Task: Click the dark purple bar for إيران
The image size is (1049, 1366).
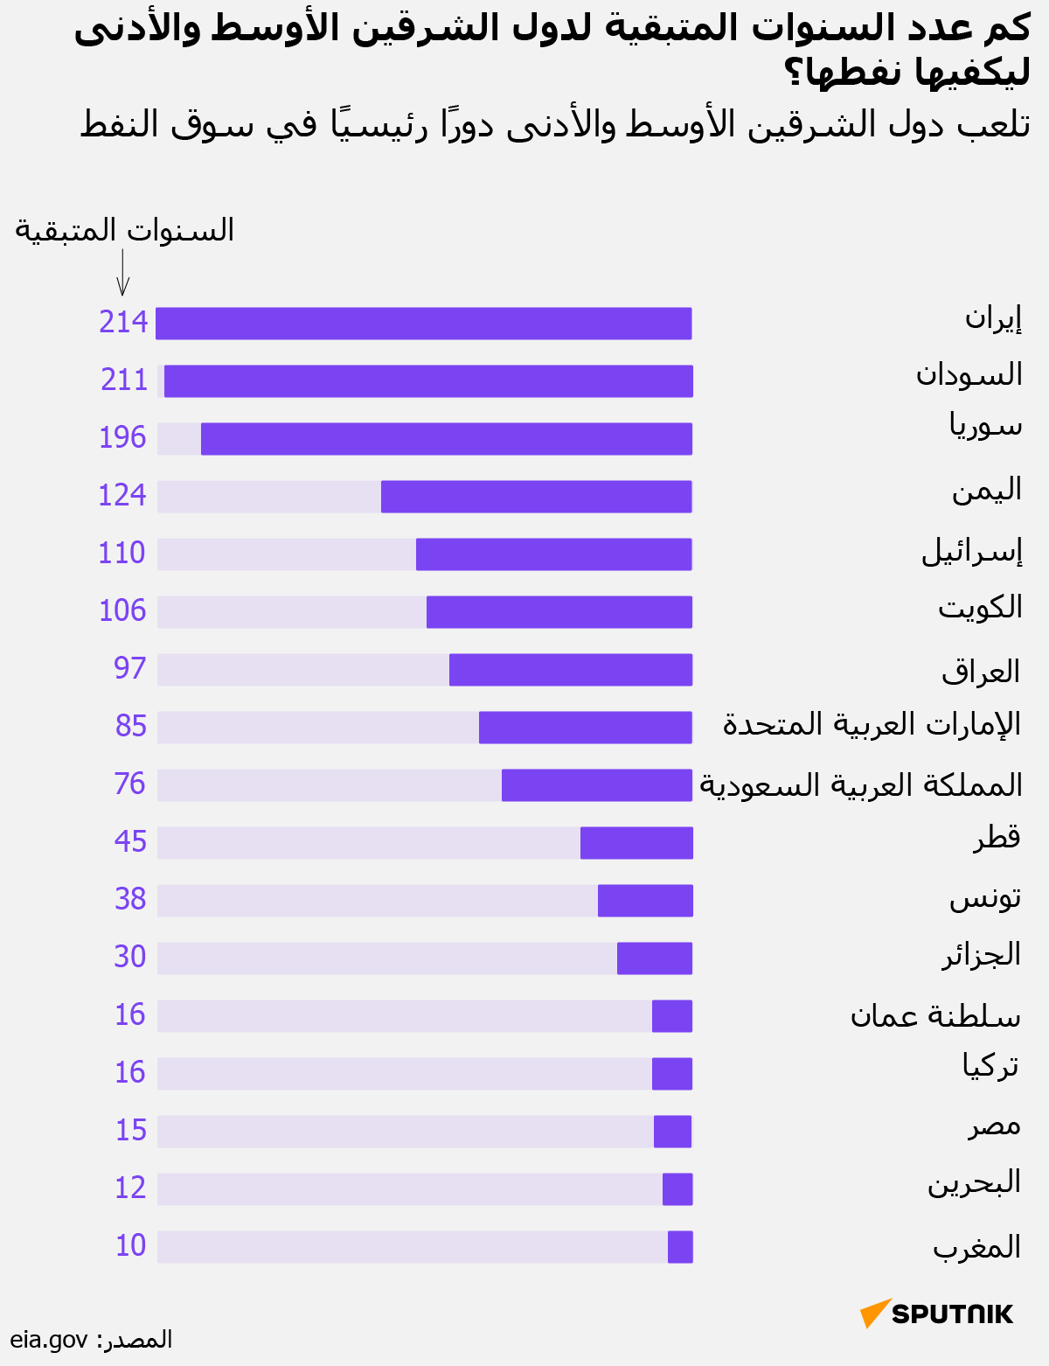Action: point(424,324)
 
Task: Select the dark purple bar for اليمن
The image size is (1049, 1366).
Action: point(537,497)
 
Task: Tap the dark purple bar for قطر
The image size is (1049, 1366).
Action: point(636,843)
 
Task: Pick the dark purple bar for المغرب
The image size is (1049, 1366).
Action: point(680,1247)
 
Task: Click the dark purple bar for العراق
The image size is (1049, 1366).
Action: point(571,670)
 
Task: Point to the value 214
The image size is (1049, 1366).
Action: point(123,323)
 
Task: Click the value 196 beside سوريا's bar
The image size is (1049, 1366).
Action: point(122,437)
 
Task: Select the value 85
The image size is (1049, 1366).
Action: point(131,726)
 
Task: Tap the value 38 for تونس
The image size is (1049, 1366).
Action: point(130,899)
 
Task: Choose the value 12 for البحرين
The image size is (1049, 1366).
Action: point(130,1188)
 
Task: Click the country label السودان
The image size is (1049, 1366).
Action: point(969,375)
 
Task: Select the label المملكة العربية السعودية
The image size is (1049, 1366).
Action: point(861,784)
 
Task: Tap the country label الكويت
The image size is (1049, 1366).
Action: point(980,607)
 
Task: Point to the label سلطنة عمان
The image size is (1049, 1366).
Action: point(935,1015)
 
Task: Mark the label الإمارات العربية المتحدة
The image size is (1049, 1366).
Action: point(872,725)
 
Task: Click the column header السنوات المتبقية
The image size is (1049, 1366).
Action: point(125,230)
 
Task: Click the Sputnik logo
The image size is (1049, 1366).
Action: point(937,1314)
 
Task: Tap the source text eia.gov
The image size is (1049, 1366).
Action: point(49,1340)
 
